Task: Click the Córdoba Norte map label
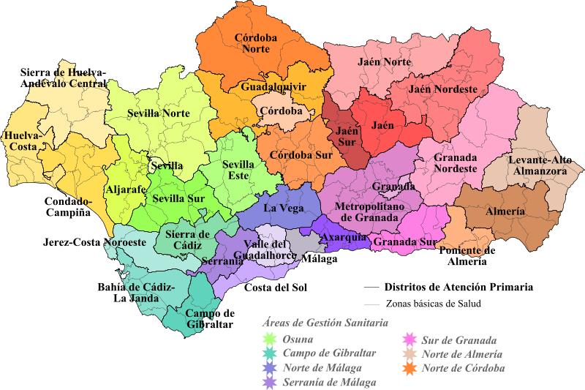[x=260, y=44]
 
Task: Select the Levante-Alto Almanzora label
[x=543, y=165]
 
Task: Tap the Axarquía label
[x=348, y=239]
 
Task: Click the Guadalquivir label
[x=273, y=86]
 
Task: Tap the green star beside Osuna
[x=269, y=339]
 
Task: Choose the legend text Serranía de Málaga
[x=329, y=382]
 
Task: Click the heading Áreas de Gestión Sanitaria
[x=325, y=322]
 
